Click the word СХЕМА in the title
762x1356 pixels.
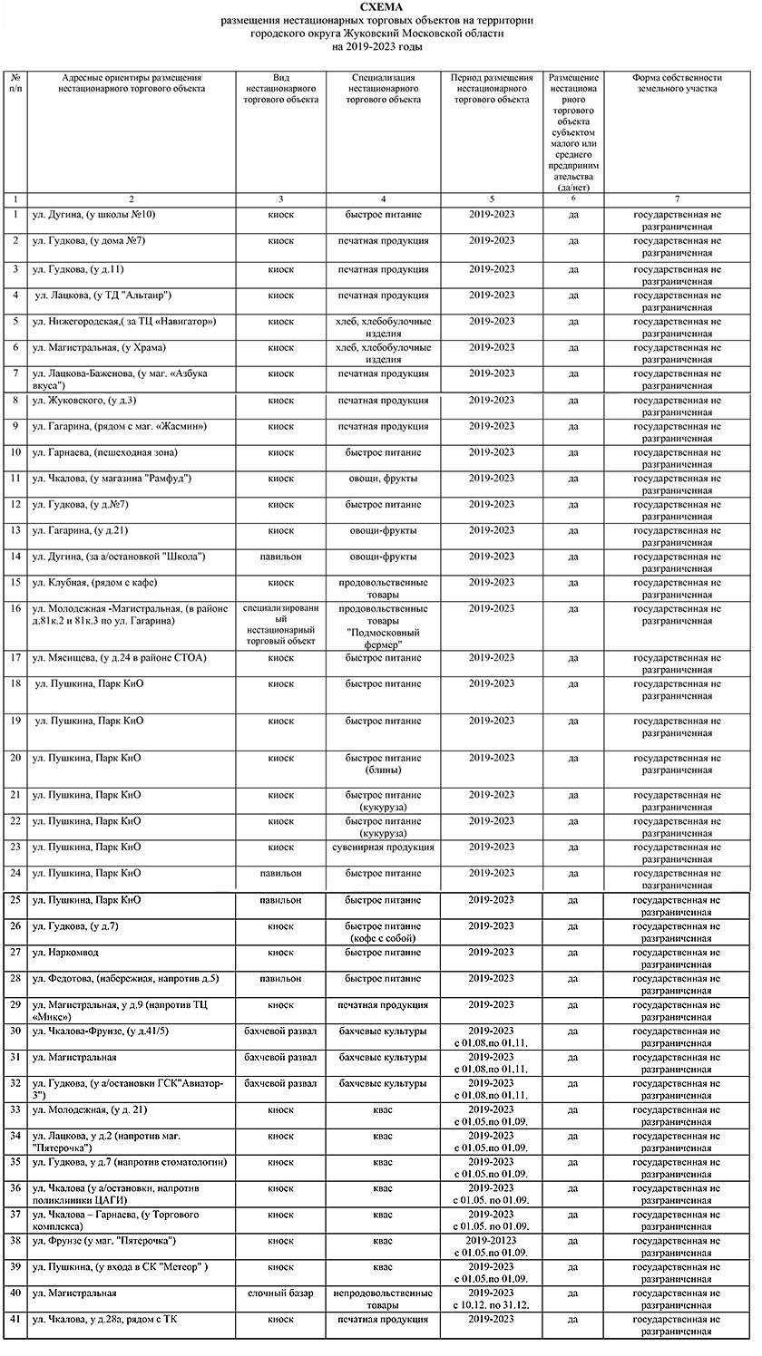[x=378, y=7]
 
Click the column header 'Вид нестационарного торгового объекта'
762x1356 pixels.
[x=281, y=89]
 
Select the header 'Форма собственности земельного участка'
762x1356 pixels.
[x=677, y=83]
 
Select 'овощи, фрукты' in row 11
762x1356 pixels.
[x=384, y=479]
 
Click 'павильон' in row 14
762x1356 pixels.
[x=281, y=557]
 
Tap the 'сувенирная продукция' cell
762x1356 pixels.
[x=384, y=847]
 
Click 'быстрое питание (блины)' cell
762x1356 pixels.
[x=384, y=763]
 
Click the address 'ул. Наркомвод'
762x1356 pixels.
[x=65, y=953]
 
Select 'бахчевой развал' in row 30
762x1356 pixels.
[x=281, y=1032]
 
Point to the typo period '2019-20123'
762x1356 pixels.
[x=492, y=1240]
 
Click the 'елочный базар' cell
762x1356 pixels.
[x=281, y=1293]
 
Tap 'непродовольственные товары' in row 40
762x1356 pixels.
[x=384, y=1298]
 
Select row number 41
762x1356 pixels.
[x=15, y=1319]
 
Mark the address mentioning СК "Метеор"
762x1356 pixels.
[x=120, y=1266]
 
